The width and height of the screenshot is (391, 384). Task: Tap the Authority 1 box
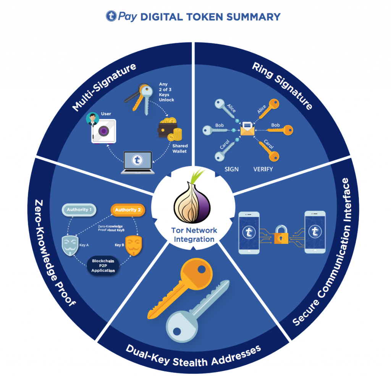tap(79, 210)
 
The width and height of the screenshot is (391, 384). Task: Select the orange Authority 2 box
tap(128, 210)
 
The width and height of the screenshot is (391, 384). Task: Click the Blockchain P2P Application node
tap(103, 265)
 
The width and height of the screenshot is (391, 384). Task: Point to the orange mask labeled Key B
tap(131, 245)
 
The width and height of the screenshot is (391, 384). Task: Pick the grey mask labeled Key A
tap(72, 245)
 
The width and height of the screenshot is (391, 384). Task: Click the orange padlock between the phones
tap(283, 234)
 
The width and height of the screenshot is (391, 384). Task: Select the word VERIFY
tap(263, 169)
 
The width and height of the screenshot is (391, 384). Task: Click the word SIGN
tap(231, 169)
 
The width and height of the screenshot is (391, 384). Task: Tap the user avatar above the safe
tap(92, 118)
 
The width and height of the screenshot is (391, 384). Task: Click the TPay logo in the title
tap(111, 16)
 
